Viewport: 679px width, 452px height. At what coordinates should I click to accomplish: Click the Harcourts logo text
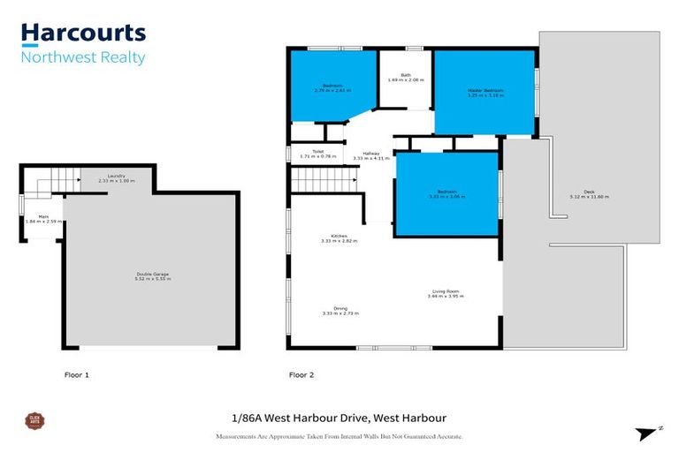coord(83,34)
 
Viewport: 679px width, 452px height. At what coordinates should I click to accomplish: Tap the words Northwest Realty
coord(83,58)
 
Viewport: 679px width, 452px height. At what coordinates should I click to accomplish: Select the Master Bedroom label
coord(484,93)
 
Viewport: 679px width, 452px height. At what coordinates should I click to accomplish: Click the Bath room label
coord(406,78)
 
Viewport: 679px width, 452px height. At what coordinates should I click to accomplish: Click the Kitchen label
coord(339,237)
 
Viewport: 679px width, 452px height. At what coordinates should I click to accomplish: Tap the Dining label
coord(339,310)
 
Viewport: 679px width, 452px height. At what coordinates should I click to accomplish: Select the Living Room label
coord(445,293)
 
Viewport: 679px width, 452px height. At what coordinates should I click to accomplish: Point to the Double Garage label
coord(153,275)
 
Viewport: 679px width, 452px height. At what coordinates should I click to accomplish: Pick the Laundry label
coord(117,178)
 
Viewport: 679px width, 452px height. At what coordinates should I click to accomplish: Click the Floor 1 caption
coord(77,375)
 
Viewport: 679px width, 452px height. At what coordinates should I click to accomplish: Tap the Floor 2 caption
coord(301,375)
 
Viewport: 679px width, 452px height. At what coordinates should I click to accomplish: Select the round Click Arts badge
coord(35,421)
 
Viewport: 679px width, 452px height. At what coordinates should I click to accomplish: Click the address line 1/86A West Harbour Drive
coord(339,418)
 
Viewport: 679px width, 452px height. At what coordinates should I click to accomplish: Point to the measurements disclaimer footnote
coord(339,436)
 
